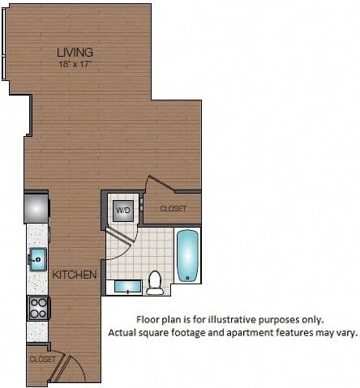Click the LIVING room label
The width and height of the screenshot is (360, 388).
(x=75, y=53)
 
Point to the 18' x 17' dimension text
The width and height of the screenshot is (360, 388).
(x=75, y=63)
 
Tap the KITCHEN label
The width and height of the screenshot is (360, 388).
(x=75, y=275)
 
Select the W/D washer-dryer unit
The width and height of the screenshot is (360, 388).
(x=123, y=211)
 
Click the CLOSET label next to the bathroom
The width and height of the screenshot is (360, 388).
(x=173, y=209)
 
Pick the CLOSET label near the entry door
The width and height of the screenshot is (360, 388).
(x=42, y=358)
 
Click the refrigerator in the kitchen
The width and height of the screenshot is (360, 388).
(x=37, y=207)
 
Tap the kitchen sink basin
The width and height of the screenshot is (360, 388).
(x=37, y=260)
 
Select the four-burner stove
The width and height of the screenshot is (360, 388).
(x=38, y=307)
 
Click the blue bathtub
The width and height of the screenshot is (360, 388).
(x=188, y=255)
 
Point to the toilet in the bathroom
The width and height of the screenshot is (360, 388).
(x=155, y=283)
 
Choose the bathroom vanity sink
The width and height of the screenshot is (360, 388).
(x=127, y=287)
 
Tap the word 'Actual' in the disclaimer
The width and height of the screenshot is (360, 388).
(x=123, y=332)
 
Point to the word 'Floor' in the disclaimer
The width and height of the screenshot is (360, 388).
(x=148, y=319)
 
